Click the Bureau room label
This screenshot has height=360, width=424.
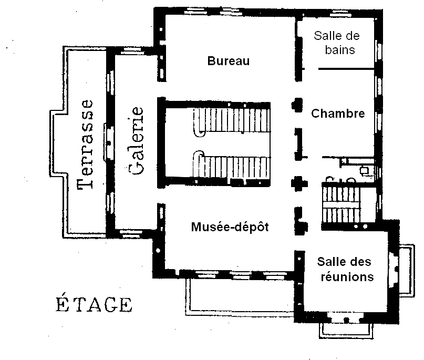[229, 61]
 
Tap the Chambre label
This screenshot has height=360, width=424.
[338, 114]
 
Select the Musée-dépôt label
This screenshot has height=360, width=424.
[230, 227]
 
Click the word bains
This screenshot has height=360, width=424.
[340, 50]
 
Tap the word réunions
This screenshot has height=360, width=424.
[347, 277]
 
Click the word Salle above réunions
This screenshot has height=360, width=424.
[330, 262]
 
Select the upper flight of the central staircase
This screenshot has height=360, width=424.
[232, 121]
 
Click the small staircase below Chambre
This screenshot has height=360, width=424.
[342, 202]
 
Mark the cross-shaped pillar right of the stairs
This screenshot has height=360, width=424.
[299, 183]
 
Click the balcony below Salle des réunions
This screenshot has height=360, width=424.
[346, 331]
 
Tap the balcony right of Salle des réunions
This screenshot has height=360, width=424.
[407, 271]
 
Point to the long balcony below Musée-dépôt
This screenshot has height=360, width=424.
[240, 297]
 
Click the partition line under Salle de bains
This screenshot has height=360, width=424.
[347, 69]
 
